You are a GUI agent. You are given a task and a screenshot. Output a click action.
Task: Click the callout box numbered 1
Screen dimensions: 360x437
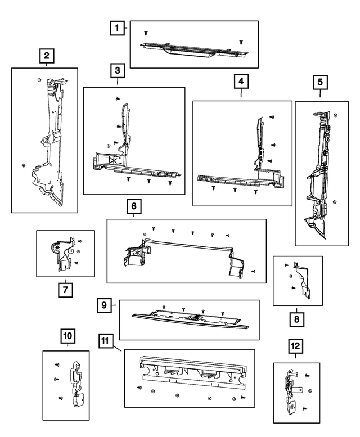click(117, 28)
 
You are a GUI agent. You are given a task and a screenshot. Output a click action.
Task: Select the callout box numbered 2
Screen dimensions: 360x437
click(47, 56)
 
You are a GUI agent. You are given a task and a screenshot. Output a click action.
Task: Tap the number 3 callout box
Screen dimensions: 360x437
click(118, 71)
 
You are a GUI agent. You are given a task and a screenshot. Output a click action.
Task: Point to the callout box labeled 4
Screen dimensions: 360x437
click(241, 81)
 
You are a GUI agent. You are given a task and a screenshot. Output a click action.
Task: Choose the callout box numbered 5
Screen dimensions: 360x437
click(320, 82)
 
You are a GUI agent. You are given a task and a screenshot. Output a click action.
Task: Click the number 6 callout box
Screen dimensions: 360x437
click(134, 206)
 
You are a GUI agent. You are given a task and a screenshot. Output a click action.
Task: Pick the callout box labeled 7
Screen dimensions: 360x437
click(65, 290)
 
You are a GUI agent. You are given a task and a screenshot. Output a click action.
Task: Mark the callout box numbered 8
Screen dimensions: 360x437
click(297, 319)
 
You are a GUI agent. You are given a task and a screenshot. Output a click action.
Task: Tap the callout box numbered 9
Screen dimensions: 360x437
click(104, 305)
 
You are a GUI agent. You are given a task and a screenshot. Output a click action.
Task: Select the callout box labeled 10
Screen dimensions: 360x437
click(67, 336)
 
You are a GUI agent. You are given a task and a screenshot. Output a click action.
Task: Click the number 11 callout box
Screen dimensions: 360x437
click(106, 341)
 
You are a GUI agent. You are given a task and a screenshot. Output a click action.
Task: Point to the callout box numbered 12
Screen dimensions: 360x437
click(295, 346)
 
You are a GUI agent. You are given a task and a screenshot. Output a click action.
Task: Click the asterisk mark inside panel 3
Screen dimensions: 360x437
click(114, 160)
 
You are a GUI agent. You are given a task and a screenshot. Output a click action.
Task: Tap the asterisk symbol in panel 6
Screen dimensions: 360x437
click(137, 253)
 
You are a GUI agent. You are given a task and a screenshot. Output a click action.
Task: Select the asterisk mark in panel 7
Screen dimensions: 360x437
click(58, 247)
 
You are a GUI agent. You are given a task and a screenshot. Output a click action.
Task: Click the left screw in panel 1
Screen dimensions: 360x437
click(146, 33)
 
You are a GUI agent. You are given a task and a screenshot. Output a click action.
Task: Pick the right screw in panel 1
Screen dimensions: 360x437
click(241, 42)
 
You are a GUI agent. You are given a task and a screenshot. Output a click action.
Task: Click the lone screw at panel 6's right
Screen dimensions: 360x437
click(253, 271)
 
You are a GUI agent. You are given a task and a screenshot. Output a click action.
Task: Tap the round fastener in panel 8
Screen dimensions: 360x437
click(291, 276)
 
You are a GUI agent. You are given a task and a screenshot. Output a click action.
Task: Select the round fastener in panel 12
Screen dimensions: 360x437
click(310, 391)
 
